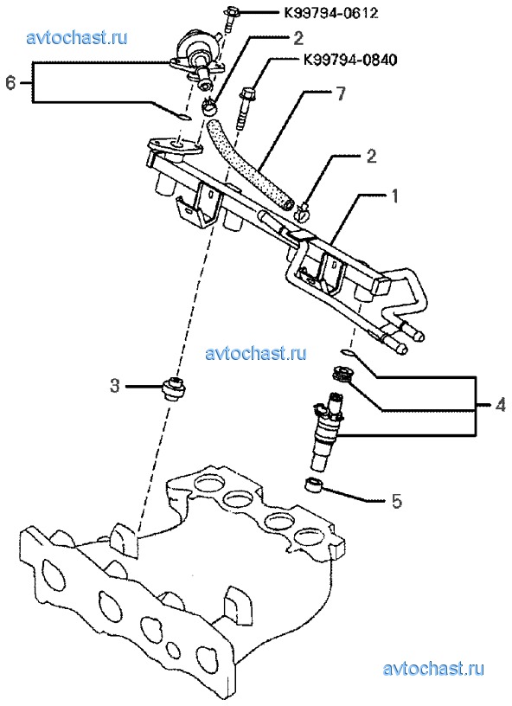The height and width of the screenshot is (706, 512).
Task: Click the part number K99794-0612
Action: pos(330,13)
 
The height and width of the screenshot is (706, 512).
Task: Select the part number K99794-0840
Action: pos(350,60)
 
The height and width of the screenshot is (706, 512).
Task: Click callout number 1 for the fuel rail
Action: pos(394,196)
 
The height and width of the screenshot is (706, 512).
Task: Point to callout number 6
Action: pos(11,83)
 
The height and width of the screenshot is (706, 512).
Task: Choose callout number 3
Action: pos(115,385)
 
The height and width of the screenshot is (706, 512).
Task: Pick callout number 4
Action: pos(500,405)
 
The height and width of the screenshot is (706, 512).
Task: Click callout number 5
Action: pos(396,501)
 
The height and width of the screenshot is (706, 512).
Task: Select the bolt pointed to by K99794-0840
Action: pos(244,108)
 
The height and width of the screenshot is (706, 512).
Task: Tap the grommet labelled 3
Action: pos(173,389)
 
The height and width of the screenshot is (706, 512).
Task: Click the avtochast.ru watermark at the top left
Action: pos(77,38)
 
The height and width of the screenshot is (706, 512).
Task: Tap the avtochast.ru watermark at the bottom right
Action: pos(433,668)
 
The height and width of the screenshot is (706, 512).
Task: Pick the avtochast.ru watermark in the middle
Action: pos(256,353)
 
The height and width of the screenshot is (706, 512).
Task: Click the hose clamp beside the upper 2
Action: pos(208,107)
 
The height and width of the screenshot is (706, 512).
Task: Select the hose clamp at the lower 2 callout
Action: pos(303,211)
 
